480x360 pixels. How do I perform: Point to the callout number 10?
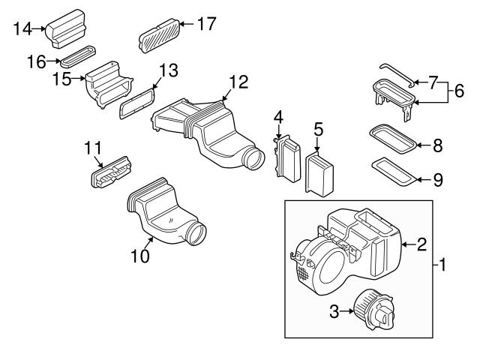coord(141,256)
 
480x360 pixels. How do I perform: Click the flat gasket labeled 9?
coord(394,169)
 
